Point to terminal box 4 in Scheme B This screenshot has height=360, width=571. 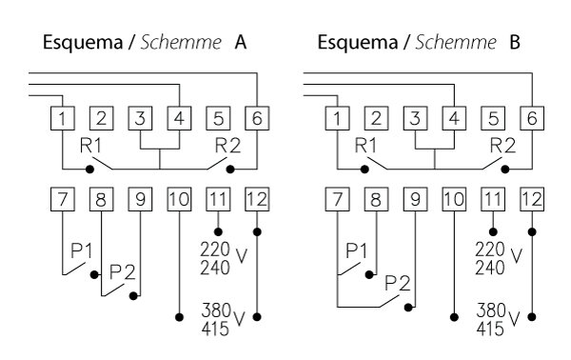point(454,119)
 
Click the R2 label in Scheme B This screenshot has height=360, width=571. point(503,148)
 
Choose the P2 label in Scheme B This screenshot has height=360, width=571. point(398,283)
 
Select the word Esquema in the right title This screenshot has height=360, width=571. point(353,44)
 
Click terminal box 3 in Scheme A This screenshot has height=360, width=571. point(140,119)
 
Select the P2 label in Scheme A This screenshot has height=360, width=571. point(121,271)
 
